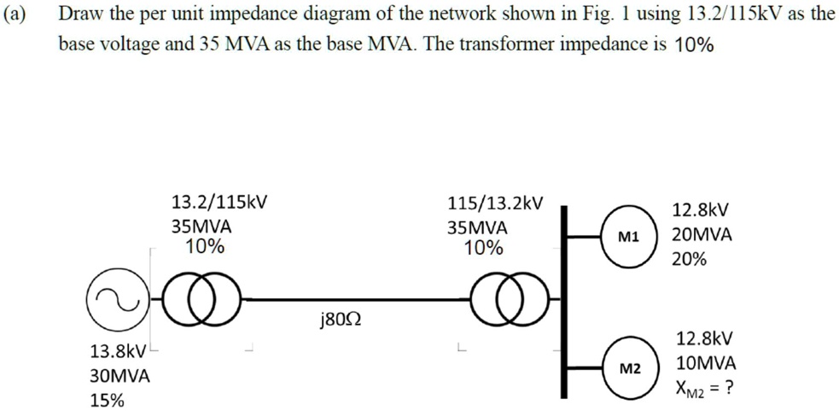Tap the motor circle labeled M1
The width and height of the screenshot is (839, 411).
pos(630,237)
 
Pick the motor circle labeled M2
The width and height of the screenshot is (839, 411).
pos(630,367)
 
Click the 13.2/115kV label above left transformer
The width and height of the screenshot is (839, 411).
pos(218,203)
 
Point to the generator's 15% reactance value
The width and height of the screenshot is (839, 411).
pos(107,400)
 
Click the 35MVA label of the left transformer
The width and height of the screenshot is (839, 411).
pos(201,228)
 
